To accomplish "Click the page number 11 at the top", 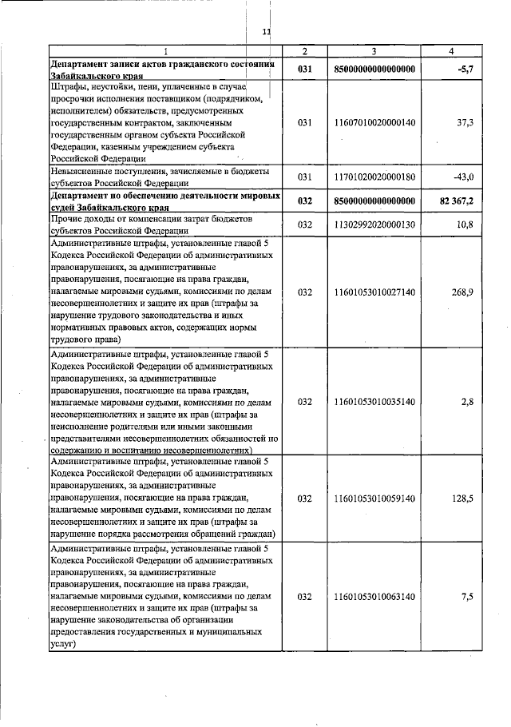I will click(267, 32).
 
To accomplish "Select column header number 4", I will click(451, 51).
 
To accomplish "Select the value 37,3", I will click(465, 122).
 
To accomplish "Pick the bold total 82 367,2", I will click(456, 201).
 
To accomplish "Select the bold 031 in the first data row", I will click(303, 70).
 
